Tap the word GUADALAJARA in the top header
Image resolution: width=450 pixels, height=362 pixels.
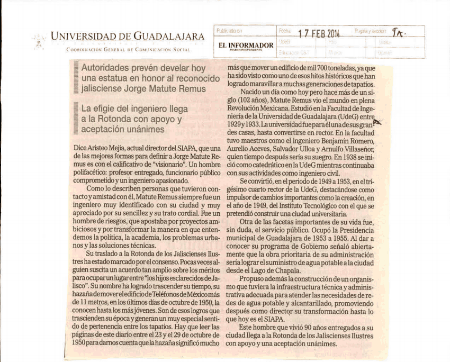coord(168,37)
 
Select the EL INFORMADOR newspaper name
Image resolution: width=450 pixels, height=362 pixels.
coord(246,45)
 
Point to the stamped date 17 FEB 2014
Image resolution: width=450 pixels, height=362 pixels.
coord(319,33)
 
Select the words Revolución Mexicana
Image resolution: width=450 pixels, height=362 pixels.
coord(256,109)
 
